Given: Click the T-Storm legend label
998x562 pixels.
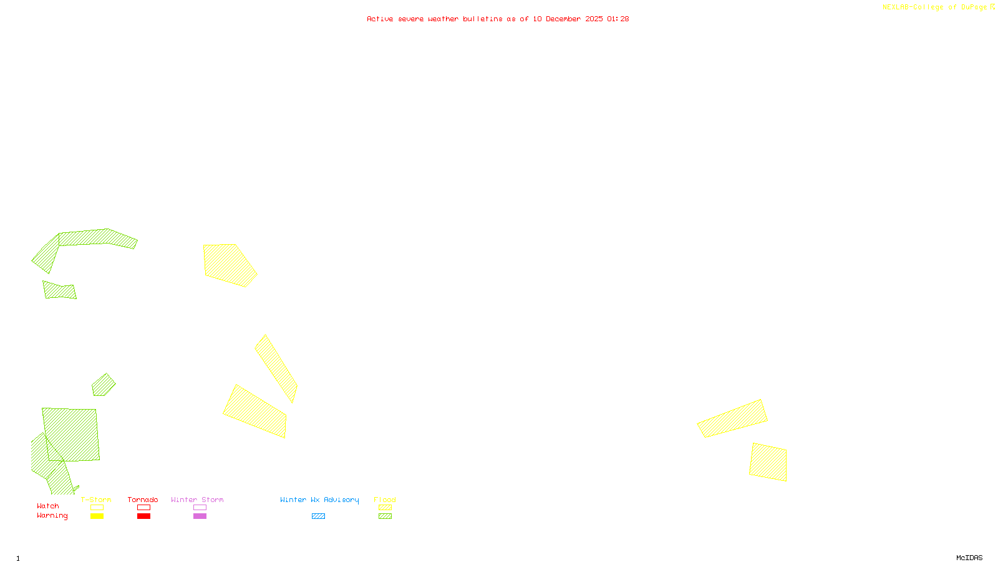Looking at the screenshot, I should [96, 500].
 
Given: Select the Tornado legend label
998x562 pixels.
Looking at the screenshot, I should [143, 500].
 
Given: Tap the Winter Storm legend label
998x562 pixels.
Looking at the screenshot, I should [197, 500].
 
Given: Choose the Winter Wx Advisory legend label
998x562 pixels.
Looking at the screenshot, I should [319, 500].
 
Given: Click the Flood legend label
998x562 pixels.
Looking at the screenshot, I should [385, 500].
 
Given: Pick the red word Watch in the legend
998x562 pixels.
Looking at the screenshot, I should [48, 506].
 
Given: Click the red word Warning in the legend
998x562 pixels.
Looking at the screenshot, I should [52, 516].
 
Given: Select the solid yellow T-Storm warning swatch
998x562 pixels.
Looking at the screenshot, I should [97, 516].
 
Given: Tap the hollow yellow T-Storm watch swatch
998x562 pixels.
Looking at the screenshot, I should [97, 508].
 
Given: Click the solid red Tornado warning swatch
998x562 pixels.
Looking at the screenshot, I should [143, 516].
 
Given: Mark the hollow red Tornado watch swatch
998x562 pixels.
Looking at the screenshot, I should [143, 508].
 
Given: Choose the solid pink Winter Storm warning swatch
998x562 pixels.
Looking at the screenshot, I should [200, 516].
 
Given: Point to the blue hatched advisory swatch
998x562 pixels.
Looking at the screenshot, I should [318, 516].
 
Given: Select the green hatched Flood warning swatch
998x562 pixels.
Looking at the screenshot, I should [385, 516].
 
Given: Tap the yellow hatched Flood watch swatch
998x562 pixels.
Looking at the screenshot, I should [385, 508].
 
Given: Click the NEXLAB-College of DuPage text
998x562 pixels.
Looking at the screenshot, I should [935, 7].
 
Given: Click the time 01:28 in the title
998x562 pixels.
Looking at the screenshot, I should [618, 19].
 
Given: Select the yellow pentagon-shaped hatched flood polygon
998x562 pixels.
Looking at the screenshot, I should [228, 264].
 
